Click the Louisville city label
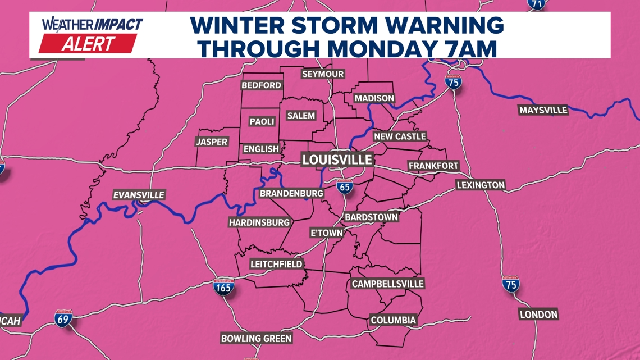point(337,160)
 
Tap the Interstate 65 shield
point(345,186)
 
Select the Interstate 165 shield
point(223,288)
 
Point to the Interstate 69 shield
point(63,318)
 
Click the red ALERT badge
point(88,44)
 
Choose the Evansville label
point(139,195)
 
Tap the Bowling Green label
point(257,338)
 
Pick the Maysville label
point(543,110)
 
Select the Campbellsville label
point(387,284)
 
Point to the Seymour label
point(323,74)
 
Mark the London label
point(538,315)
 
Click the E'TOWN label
point(326,233)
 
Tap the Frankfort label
point(433,166)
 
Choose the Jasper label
point(212,142)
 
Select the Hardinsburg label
point(259,222)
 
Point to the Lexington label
point(481,185)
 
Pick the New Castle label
point(400,136)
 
